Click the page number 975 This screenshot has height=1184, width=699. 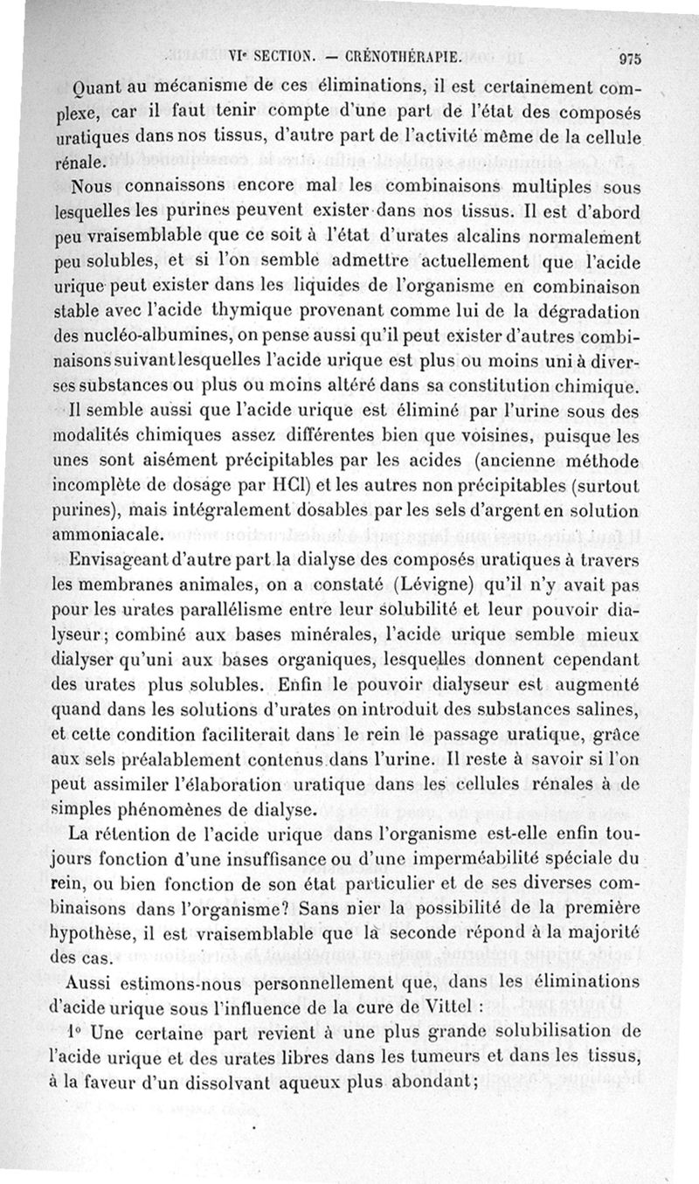629,59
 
